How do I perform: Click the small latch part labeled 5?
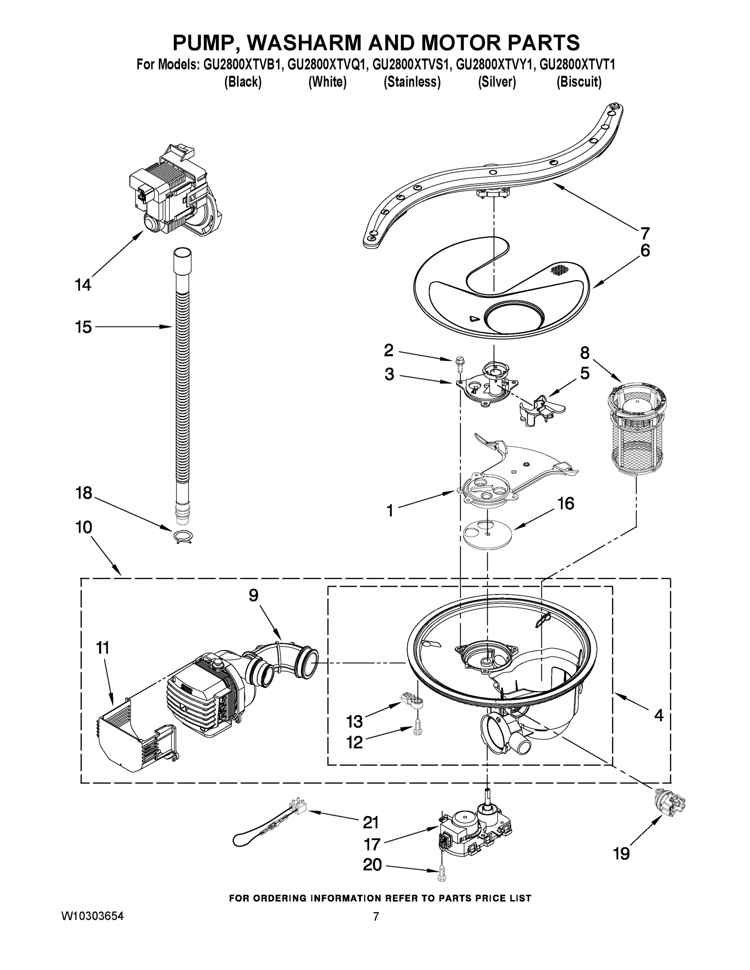click(x=539, y=408)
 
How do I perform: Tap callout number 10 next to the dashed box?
click(x=84, y=527)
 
